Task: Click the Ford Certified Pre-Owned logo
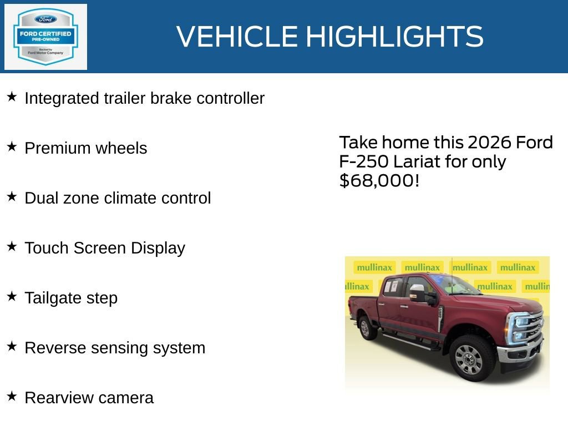click(x=45, y=37)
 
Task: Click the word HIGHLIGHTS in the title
click(x=394, y=37)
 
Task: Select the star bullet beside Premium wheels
click(x=12, y=147)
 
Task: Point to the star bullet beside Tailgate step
click(x=12, y=297)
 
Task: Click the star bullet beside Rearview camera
click(x=12, y=397)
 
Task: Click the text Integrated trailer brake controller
click(x=144, y=98)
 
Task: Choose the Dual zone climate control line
click(x=118, y=198)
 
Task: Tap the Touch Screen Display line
click(x=105, y=248)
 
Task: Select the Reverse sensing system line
click(x=115, y=348)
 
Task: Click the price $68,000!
click(x=379, y=180)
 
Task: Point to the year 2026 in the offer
click(x=490, y=143)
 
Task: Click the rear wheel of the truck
click(x=367, y=327)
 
